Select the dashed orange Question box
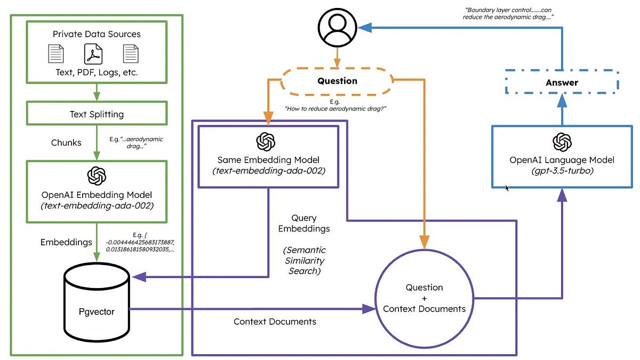tap(337, 81)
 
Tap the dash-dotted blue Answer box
tap(562, 83)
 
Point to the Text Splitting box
tap(97, 114)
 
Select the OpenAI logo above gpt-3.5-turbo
tap(562, 142)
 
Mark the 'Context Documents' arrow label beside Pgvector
tap(275, 322)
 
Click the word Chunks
tap(66, 142)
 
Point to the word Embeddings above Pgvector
tap(66, 242)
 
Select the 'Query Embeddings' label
tap(311, 223)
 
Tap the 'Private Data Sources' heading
tap(97, 34)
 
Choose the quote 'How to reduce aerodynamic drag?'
tap(335, 108)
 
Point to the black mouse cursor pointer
tap(507, 188)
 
